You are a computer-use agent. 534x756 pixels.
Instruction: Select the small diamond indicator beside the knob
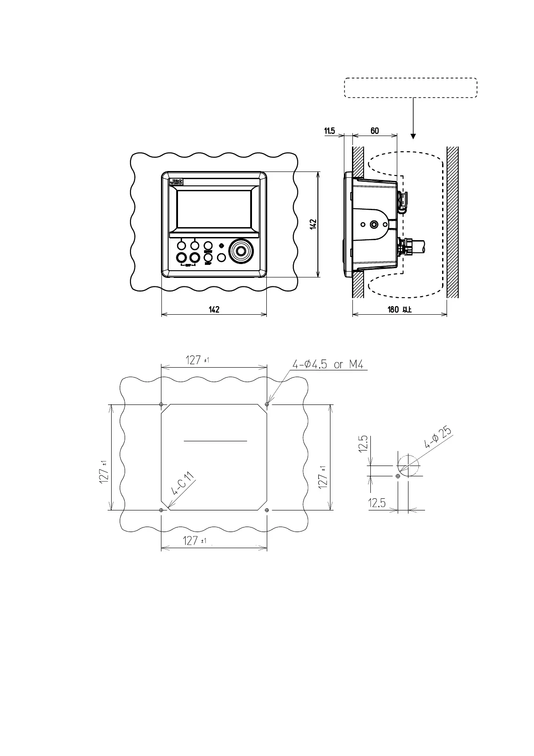[x=221, y=246]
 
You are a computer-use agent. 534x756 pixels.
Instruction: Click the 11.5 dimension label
[x=330, y=131]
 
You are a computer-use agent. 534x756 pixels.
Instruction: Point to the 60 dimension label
[x=374, y=131]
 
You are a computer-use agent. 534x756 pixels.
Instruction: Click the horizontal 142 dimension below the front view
[x=214, y=310]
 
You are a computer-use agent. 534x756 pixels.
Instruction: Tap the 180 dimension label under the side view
[x=399, y=310]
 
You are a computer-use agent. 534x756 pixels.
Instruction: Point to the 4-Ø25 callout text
[x=437, y=438]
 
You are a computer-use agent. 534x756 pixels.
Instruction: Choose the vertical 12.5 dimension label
[x=363, y=444]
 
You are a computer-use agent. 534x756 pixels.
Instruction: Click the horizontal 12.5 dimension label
[x=377, y=503]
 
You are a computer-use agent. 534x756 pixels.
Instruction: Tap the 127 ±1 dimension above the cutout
[x=197, y=360]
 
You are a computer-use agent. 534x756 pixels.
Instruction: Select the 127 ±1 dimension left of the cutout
[x=104, y=471]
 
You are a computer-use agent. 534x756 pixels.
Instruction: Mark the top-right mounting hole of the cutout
[x=267, y=404]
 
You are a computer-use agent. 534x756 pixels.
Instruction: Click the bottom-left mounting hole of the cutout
[x=161, y=510]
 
